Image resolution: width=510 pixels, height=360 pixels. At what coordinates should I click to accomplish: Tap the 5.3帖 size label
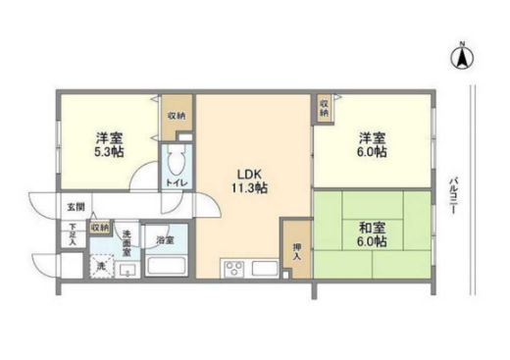click(109, 154)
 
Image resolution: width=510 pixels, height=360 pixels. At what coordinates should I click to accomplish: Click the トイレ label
click(177, 181)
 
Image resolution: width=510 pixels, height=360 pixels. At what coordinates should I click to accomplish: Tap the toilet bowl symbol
click(177, 161)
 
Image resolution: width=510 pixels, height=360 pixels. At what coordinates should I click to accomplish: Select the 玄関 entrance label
click(76, 207)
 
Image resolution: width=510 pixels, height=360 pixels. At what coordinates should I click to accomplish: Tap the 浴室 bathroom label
click(165, 238)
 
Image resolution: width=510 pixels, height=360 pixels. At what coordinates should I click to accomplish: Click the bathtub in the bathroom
click(167, 265)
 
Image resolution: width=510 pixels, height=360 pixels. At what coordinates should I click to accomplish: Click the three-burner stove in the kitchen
click(234, 267)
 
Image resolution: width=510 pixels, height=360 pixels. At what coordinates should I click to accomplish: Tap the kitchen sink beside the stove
click(265, 267)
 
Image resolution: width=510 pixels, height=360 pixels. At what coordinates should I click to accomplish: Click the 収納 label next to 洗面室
click(100, 227)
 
